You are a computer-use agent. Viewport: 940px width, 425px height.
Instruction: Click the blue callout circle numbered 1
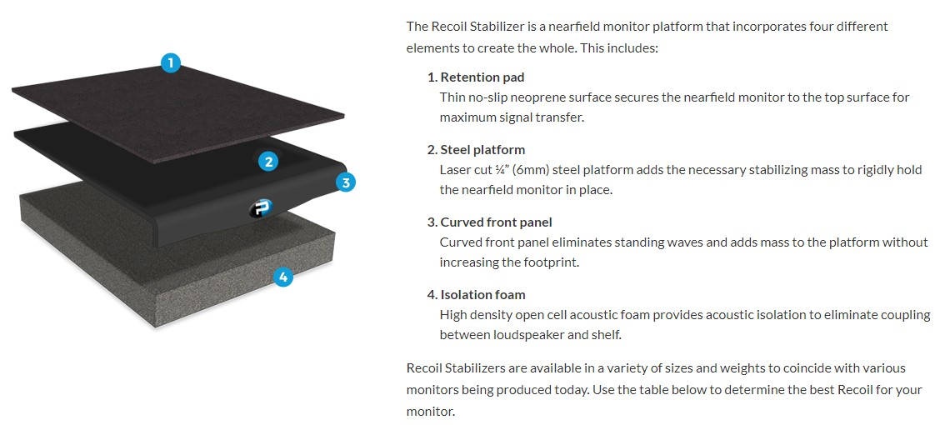(171, 62)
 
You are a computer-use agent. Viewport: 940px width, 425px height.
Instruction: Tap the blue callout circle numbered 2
(267, 162)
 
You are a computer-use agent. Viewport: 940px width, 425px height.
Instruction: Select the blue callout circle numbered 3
(346, 182)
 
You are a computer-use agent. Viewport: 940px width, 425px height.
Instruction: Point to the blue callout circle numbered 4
(283, 277)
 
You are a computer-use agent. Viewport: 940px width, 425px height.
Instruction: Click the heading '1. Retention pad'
(476, 77)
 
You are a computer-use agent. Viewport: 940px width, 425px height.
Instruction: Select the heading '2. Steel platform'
(476, 149)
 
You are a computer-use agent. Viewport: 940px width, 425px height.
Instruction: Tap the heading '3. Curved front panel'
(489, 222)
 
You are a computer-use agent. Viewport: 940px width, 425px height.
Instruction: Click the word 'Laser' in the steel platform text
(455, 170)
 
